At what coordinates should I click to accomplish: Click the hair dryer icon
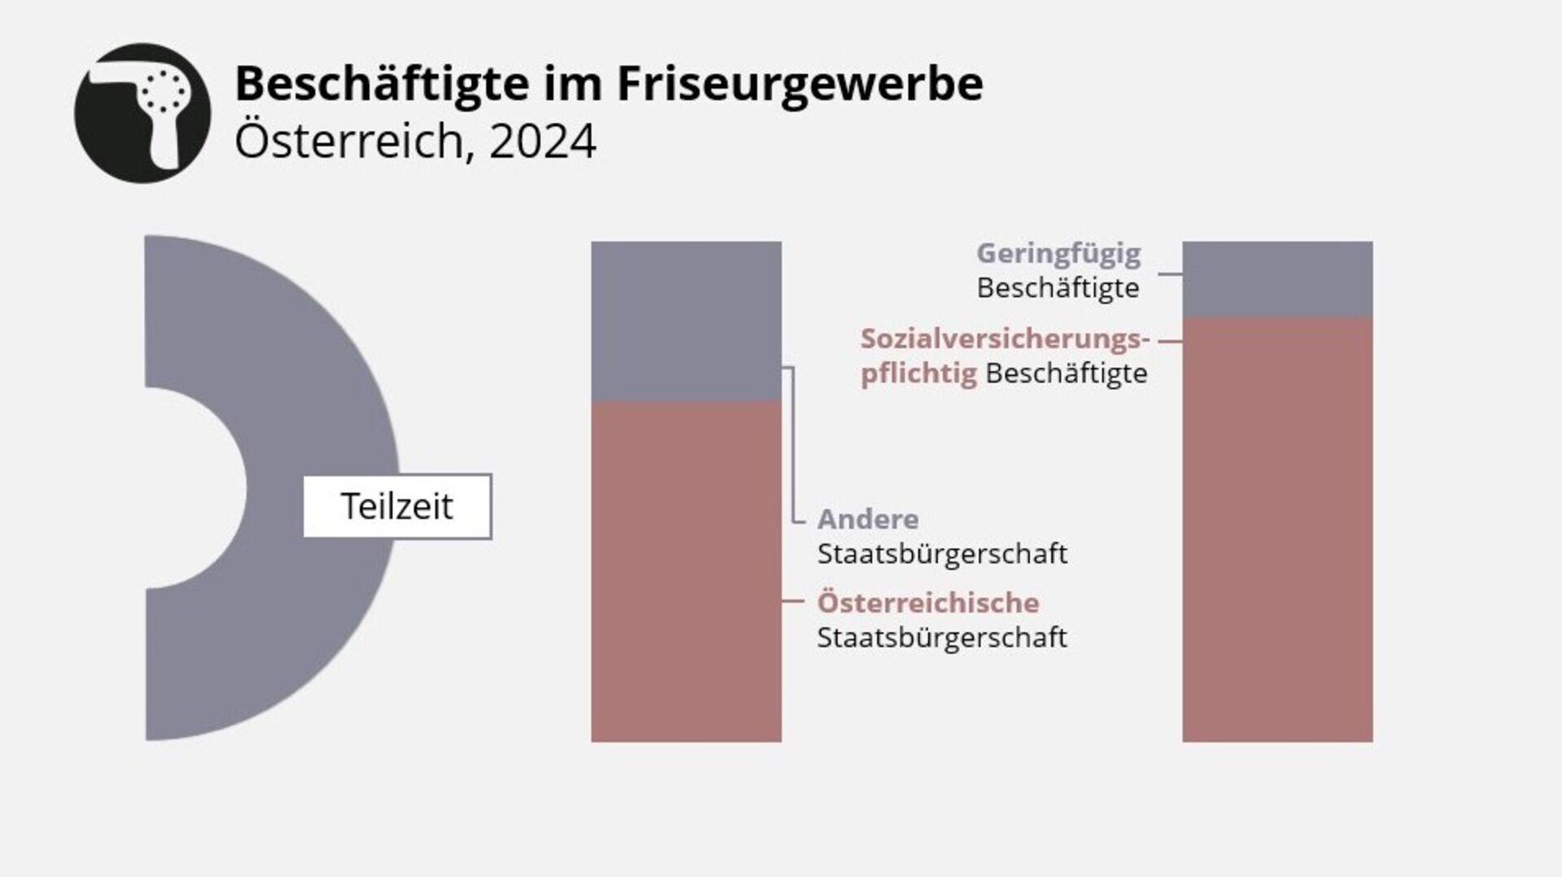click(x=142, y=112)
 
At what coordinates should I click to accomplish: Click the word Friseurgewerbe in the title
click(x=799, y=84)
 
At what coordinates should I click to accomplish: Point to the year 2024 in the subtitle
click(x=543, y=142)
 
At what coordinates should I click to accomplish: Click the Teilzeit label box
click(x=397, y=506)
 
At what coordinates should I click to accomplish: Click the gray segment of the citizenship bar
click(x=686, y=321)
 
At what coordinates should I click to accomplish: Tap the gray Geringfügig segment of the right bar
click(x=1277, y=279)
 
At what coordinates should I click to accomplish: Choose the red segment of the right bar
click(x=1277, y=529)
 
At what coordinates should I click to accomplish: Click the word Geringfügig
click(x=1058, y=253)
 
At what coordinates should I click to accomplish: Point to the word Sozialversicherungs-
click(x=1005, y=338)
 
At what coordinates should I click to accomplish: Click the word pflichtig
click(x=918, y=373)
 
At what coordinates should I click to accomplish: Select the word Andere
click(x=868, y=519)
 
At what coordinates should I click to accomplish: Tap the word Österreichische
click(x=928, y=603)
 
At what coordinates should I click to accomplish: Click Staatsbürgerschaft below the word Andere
click(x=942, y=554)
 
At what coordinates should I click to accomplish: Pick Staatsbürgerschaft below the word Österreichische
click(x=942, y=638)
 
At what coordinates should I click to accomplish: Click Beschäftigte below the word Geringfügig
click(x=1058, y=288)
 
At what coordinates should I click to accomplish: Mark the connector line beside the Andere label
click(x=793, y=443)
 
